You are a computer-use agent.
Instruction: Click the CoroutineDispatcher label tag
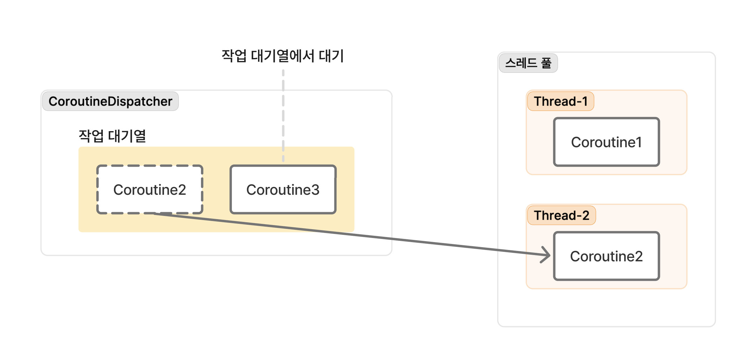pyautogui.click(x=110, y=102)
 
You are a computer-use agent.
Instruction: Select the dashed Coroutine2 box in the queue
pyautogui.click(x=150, y=190)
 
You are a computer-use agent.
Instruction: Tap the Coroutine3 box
pyautogui.click(x=283, y=190)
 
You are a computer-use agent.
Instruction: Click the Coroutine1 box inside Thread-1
pyautogui.click(x=606, y=142)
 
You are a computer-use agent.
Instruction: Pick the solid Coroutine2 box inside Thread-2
pyautogui.click(x=606, y=256)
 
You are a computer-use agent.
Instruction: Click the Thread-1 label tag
pyautogui.click(x=561, y=102)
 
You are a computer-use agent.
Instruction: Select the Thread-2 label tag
pyautogui.click(x=561, y=216)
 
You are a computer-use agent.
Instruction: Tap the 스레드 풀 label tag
pyautogui.click(x=528, y=63)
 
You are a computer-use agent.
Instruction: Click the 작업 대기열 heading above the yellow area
pyautogui.click(x=112, y=136)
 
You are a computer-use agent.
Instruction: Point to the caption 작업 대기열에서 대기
pyautogui.click(x=283, y=56)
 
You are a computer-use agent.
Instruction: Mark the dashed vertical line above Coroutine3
pyautogui.click(x=283, y=117)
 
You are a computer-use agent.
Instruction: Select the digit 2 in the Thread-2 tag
pyautogui.click(x=585, y=216)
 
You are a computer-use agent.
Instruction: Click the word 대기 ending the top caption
pyautogui.click(x=331, y=56)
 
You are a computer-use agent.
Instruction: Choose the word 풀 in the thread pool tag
pyautogui.click(x=546, y=63)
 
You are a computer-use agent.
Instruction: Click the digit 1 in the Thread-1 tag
pyautogui.click(x=585, y=102)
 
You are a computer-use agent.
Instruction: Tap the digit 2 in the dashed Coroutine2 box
pyautogui.click(x=182, y=190)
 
